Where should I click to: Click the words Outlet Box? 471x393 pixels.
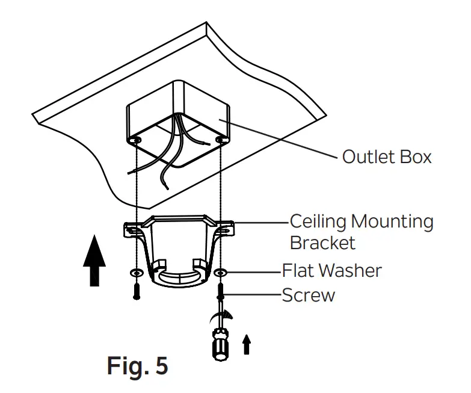[x=387, y=157]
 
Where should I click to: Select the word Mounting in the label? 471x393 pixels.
[x=392, y=221]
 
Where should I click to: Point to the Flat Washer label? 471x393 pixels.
[x=331, y=270]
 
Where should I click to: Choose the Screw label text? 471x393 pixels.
[x=309, y=295]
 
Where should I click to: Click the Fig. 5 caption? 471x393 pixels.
[x=137, y=365]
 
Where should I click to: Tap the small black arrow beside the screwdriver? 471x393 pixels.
[x=245, y=345]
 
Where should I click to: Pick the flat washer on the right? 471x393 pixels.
[x=221, y=274]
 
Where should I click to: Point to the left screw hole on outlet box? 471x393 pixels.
[x=138, y=140]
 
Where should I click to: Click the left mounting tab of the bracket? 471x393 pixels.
[x=134, y=229]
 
